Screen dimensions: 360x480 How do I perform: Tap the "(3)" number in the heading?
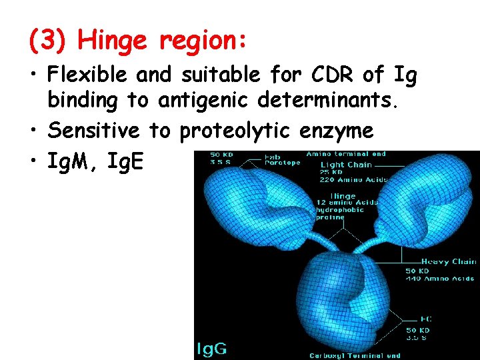click(x=49, y=41)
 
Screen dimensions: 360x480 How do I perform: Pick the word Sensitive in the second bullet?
click(x=93, y=131)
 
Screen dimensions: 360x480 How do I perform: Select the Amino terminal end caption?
click(x=346, y=154)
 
